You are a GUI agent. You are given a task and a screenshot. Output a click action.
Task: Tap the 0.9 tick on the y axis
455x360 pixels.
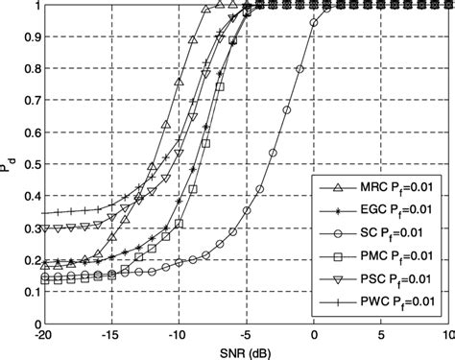[x=25, y=37]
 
